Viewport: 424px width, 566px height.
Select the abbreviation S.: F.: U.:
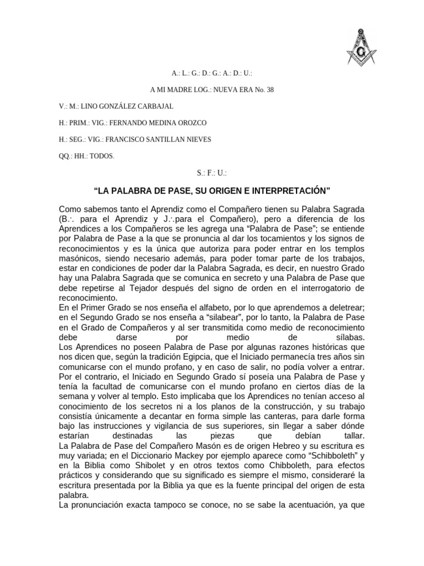tap(211, 173)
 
